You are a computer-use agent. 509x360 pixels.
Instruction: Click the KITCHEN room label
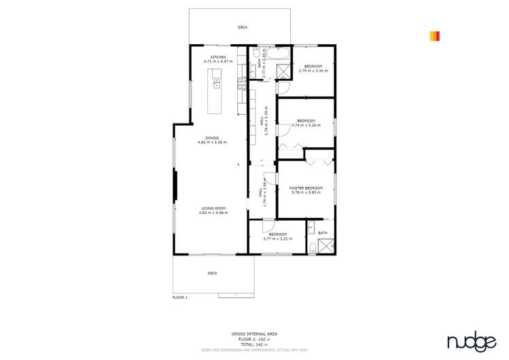point(218,57)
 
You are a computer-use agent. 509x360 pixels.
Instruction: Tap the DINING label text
point(212,138)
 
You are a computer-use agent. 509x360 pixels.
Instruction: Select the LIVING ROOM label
point(213,209)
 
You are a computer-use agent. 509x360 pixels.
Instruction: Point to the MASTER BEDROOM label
point(306,188)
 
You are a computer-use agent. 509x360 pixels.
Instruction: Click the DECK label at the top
point(243,27)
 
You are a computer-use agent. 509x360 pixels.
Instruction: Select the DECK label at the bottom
point(213,273)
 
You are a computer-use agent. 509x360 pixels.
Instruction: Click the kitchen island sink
point(217,84)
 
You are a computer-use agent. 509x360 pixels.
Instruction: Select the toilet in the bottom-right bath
point(311,247)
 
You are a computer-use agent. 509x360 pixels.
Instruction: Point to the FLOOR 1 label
point(179,298)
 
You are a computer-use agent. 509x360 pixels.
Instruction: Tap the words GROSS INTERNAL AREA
point(253,334)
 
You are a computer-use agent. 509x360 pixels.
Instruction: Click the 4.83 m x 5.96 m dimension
point(213,213)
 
